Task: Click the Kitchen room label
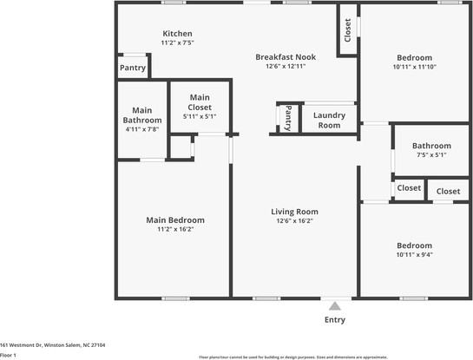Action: pos(176,34)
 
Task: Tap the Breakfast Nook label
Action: pos(285,57)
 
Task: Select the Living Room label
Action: pos(294,212)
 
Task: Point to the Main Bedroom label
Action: pos(174,220)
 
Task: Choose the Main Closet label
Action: pos(200,102)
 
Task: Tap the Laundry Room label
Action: pos(329,120)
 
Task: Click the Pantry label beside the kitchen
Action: pos(132,68)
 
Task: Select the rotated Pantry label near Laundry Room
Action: pos(288,118)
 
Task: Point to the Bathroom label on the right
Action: pos(431,146)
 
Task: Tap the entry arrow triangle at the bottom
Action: pos(334,304)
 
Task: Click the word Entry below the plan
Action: pos(334,320)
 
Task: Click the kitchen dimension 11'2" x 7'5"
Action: pos(176,43)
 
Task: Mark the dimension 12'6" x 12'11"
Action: pos(285,67)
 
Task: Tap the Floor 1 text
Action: pos(9,355)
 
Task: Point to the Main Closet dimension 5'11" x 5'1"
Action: pos(200,116)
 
